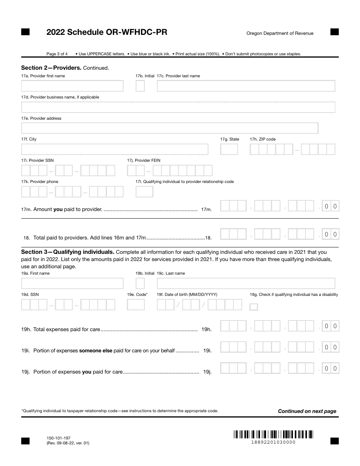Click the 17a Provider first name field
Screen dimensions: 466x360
[x=72, y=86]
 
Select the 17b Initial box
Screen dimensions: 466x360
[x=140, y=86]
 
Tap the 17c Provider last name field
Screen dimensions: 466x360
[x=246, y=86]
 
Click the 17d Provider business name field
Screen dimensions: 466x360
[x=178, y=107]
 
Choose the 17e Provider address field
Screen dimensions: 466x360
[x=170, y=128]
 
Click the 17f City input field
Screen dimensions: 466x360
[x=114, y=149]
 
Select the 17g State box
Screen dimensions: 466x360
[x=229, y=149]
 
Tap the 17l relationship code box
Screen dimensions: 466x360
[x=144, y=192]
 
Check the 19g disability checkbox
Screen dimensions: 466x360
[x=254, y=307]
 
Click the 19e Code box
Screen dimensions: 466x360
[x=136, y=305]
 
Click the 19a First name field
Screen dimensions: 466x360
[x=72, y=283]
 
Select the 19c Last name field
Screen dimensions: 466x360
[x=246, y=283]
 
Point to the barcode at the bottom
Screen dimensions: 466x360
[x=273, y=434]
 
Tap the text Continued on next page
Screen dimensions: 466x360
[x=307, y=411]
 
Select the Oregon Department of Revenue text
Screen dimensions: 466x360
[x=280, y=33]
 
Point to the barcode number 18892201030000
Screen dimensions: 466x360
[x=273, y=442]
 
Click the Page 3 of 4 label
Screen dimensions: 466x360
[x=57, y=54]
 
